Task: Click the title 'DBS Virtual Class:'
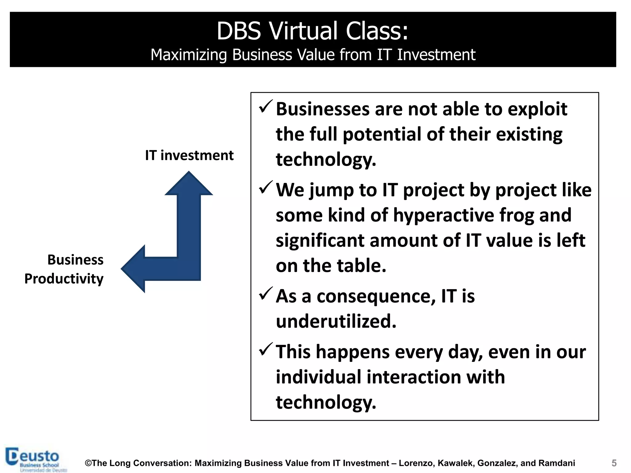312,31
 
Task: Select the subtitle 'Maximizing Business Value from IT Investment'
313,55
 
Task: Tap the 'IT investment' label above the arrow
189,155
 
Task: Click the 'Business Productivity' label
64,269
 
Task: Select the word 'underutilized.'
336,321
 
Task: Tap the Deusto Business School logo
36,459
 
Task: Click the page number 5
614,463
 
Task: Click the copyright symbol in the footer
88,463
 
